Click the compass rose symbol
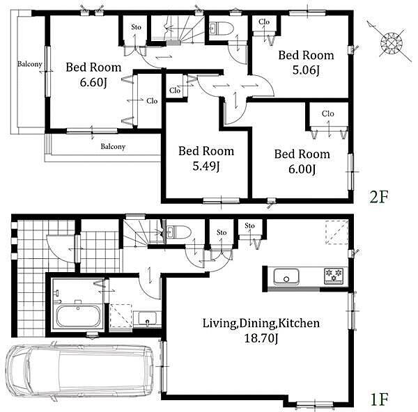[x=391, y=42]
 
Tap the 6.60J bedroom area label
[x=93, y=83]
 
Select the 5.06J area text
[x=306, y=70]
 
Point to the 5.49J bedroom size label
[x=206, y=166]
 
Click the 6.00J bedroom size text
[x=302, y=169]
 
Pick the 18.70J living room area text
[x=261, y=338]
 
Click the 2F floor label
[x=378, y=197]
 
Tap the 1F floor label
[x=378, y=399]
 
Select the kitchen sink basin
[x=286, y=277]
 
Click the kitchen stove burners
[x=333, y=276]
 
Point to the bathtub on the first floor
[x=78, y=316]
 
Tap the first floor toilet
[x=178, y=231]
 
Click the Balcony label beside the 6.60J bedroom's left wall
[x=30, y=64]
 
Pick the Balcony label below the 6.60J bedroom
[x=113, y=146]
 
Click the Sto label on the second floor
[x=137, y=27]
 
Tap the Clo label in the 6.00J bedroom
[x=328, y=113]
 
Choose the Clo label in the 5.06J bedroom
[x=264, y=22]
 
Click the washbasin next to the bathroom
[x=147, y=318]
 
